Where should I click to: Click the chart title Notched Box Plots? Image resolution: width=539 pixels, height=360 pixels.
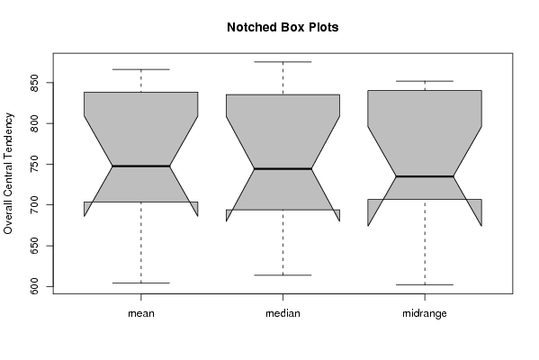point(283,28)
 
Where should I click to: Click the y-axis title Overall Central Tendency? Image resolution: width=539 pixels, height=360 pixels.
point(8,174)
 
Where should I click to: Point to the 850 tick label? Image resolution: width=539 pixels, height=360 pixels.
point(34,83)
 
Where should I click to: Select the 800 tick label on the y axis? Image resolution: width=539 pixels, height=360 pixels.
point(34,123)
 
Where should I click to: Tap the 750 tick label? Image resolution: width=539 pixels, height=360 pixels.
point(34,165)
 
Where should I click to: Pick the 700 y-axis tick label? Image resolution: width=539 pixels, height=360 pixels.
point(34,205)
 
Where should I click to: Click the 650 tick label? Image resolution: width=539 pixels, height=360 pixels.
point(34,246)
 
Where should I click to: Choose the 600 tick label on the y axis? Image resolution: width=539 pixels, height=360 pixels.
point(34,286)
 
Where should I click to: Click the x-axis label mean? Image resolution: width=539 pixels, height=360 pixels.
point(141,313)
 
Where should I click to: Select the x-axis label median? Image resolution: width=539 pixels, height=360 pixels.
point(283,313)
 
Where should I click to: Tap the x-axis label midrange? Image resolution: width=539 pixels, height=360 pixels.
point(425,313)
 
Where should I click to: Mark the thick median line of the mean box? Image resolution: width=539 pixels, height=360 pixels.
point(141,166)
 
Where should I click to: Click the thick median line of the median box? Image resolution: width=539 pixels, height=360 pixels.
point(283,169)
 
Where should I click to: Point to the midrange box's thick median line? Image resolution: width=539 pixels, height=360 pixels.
point(425,176)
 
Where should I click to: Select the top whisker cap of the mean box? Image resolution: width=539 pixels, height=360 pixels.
point(141,69)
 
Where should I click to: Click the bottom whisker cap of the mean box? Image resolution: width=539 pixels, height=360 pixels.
point(141,283)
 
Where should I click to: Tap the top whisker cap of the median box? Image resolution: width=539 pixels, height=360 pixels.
point(283,62)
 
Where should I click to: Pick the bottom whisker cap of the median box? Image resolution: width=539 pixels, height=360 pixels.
point(283,275)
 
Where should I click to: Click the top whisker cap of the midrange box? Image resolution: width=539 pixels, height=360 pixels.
point(425,81)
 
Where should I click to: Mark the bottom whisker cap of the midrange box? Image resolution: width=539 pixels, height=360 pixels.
point(425,284)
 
